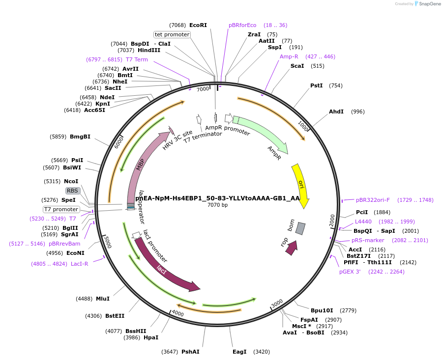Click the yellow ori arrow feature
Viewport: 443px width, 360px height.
pyautogui.click(x=300, y=185)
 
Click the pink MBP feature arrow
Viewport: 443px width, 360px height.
pyautogui.click(x=140, y=163)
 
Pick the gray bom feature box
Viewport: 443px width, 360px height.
pyautogui.click(x=300, y=228)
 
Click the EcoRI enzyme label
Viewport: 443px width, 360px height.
pyautogui.click(x=198, y=25)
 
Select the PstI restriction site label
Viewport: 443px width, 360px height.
pyautogui.click(x=317, y=85)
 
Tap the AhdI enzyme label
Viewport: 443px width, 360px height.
pyautogui.click(x=336, y=111)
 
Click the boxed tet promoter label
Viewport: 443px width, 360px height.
pyautogui.click(x=172, y=34)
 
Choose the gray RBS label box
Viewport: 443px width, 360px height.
pyautogui.click(x=72, y=191)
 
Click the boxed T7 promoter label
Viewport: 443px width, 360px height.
pyautogui.click(x=61, y=209)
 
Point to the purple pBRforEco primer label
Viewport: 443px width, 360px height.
pyautogui.click(x=242, y=25)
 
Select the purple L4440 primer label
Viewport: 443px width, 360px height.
pyautogui.click(x=363, y=222)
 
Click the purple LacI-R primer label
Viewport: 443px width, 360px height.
pyautogui.click(x=79, y=264)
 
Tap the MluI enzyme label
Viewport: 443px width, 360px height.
pyautogui.click(x=103, y=299)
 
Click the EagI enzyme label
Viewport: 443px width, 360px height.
pyautogui.click(x=239, y=352)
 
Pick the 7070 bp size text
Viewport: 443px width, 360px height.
pyautogui.click(x=217, y=205)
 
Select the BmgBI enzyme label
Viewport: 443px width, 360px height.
pyautogui.click(x=80, y=137)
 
